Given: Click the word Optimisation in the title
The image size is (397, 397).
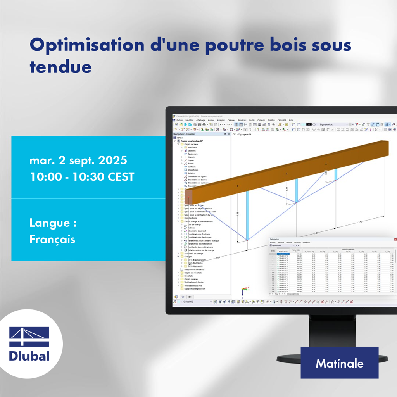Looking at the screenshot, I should click(x=87, y=45).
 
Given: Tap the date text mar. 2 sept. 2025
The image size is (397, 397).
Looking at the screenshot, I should click(x=78, y=160).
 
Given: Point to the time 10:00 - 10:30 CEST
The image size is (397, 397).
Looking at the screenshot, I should click(x=82, y=177).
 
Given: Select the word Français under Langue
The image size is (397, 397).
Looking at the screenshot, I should click(x=52, y=239).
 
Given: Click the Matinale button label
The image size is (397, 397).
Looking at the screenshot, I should click(x=339, y=363).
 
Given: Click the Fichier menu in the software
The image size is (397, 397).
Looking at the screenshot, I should click(x=179, y=120).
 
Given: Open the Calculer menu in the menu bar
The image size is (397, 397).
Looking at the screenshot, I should click(x=231, y=120).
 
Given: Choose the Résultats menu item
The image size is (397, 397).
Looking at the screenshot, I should click(x=242, y=120).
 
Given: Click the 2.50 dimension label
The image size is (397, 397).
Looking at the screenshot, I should click(x=360, y=222).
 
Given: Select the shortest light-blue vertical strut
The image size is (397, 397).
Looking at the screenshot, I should click(x=336, y=174).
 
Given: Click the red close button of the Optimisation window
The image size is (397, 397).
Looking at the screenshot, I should click(x=395, y=240).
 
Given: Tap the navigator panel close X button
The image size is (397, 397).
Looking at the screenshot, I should click(x=228, y=134).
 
